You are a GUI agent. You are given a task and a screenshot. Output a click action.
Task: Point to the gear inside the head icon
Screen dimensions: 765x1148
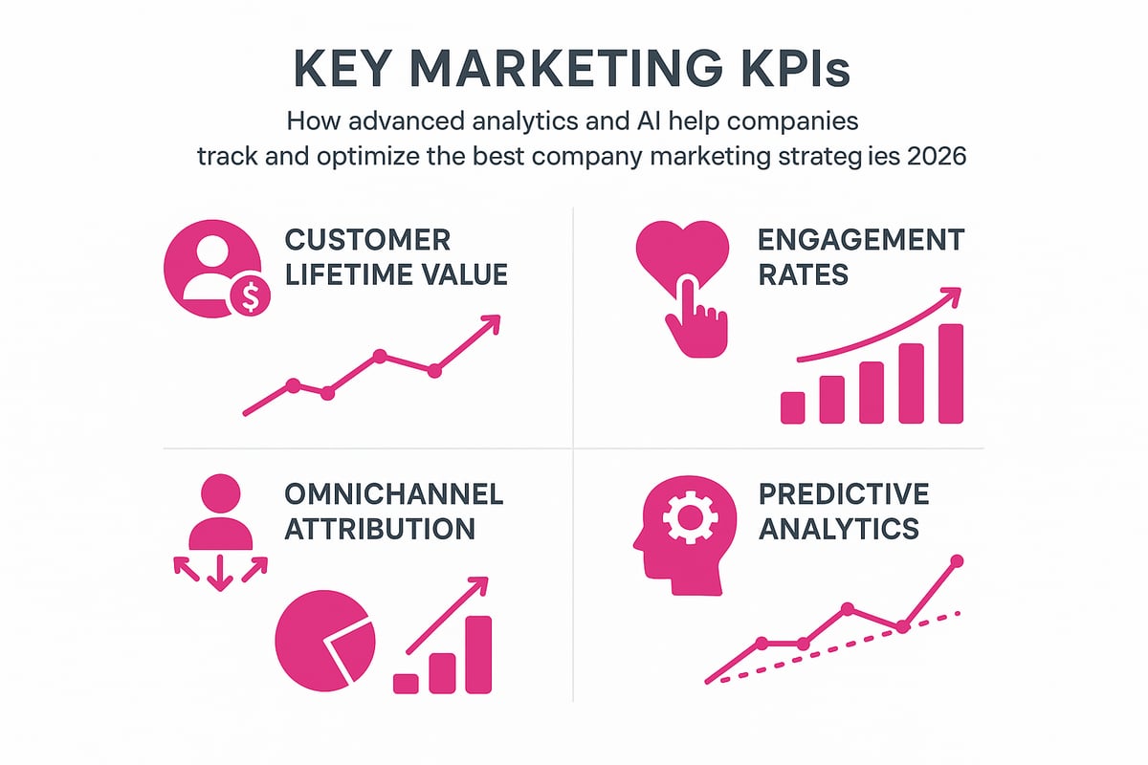(x=689, y=519)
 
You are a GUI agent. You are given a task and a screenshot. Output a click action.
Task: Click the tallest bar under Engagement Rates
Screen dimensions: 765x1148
(x=950, y=373)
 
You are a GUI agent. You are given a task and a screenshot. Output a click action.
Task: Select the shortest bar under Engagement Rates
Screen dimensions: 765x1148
(x=793, y=406)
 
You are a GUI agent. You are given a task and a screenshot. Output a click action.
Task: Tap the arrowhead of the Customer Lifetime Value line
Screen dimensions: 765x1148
(x=492, y=323)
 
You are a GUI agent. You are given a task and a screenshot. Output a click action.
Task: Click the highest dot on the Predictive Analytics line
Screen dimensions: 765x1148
(x=958, y=560)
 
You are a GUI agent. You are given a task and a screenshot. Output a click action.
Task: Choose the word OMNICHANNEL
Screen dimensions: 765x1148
(x=393, y=494)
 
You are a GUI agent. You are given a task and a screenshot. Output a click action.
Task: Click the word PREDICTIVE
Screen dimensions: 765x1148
(x=843, y=494)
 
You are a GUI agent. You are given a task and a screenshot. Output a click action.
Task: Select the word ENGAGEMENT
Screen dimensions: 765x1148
(x=861, y=239)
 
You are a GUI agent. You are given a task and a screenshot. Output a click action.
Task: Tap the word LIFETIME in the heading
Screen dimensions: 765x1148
(x=347, y=275)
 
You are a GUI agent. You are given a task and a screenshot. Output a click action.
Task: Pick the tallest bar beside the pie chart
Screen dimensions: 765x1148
(x=478, y=654)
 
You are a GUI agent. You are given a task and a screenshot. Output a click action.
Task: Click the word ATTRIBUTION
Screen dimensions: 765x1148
(x=379, y=529)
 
